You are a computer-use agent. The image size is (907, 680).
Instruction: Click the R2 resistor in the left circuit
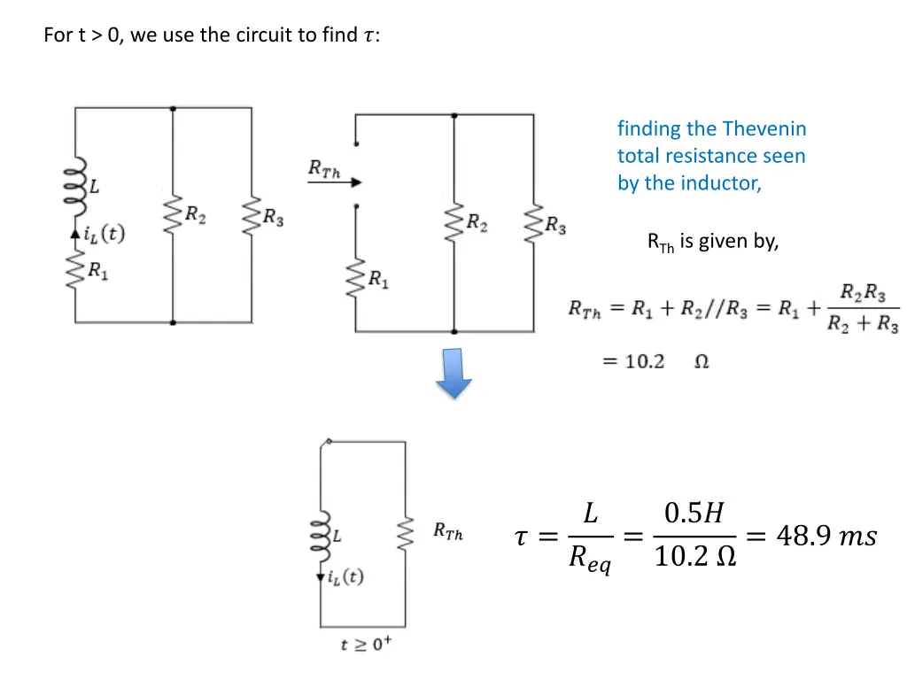pos(173,215)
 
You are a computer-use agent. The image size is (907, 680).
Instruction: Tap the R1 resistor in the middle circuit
pos(355,280)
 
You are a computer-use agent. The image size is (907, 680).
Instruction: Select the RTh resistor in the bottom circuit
pos(407,533)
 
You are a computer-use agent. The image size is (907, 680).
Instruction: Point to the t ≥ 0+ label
pos(366,645)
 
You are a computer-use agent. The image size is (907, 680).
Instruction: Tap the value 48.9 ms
pos(825,537)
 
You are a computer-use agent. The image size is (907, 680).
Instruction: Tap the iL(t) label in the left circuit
pos(105,235)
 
